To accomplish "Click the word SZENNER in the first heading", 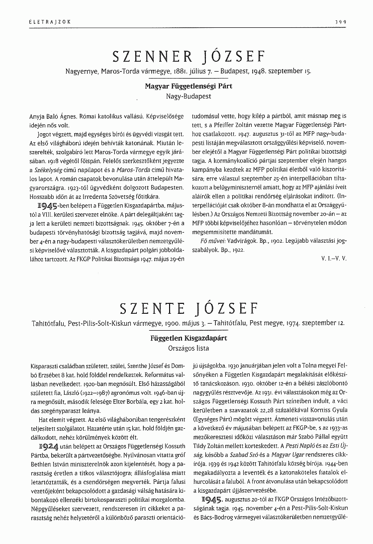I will pos(150,55).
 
